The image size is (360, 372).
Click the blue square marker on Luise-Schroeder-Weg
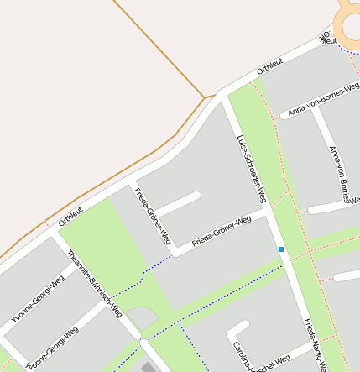coord(281,249)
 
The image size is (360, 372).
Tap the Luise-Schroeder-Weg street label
coord(251,169)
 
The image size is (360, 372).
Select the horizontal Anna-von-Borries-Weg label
coord(323,99)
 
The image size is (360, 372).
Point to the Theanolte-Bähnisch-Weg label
coord(95,284)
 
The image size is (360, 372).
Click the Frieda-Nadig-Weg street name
coord(313,344)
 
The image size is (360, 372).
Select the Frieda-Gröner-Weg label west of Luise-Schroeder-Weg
coord(222,232)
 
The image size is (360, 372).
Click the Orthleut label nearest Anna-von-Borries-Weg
coord(270,65)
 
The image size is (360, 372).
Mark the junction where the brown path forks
coord(204,97)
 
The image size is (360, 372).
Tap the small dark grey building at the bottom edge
coord(149,367)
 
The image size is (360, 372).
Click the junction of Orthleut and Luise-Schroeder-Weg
coord(220,94)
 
